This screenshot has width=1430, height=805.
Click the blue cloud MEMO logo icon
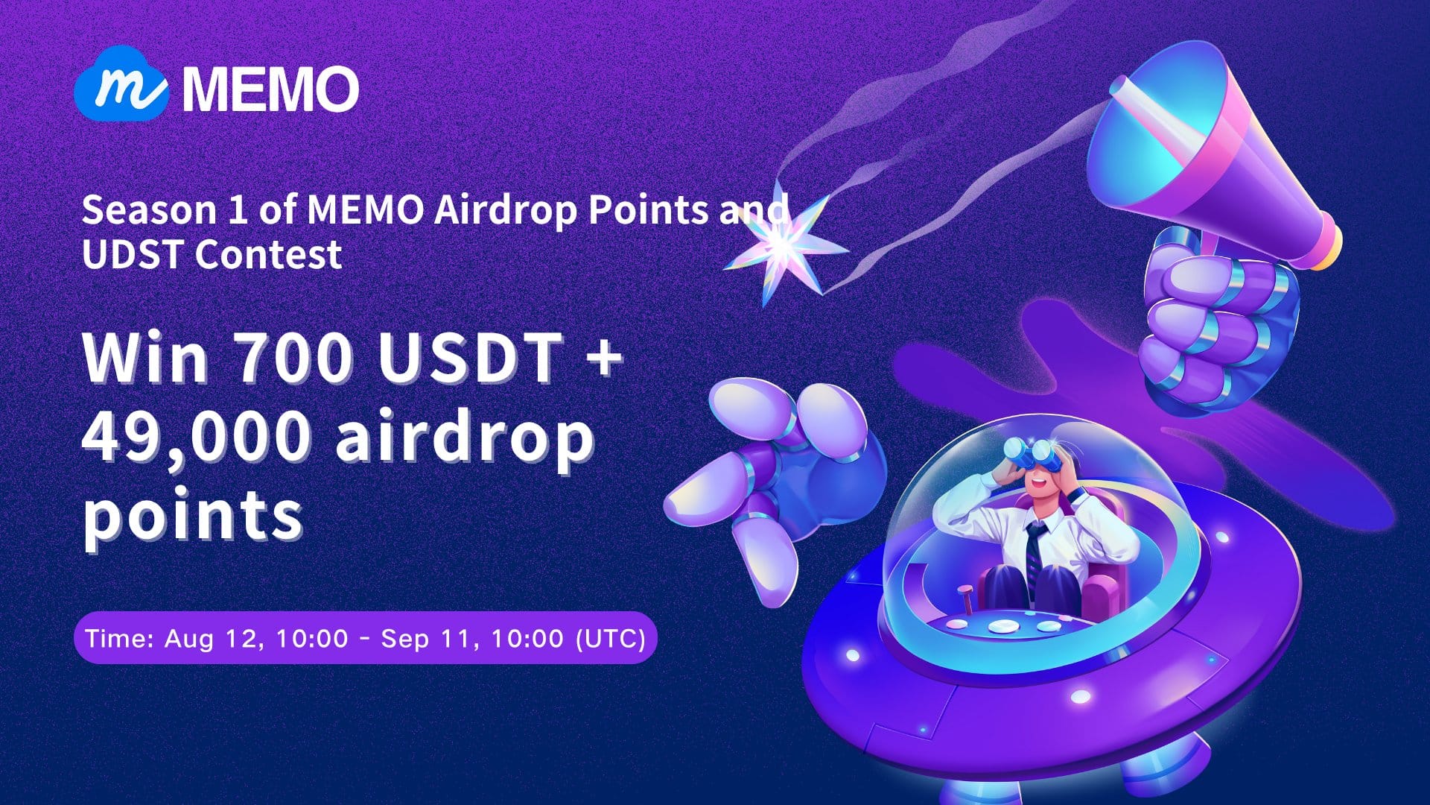(x=121, y=89)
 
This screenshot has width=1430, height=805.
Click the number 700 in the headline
(x=290, y=358)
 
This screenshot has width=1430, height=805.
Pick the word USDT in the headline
(x=469, y=358)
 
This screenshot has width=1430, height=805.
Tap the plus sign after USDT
(x=599, y=356)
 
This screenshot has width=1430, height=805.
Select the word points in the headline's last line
(x=192, y=514)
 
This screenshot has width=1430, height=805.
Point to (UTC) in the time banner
(x=611, y=639)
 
